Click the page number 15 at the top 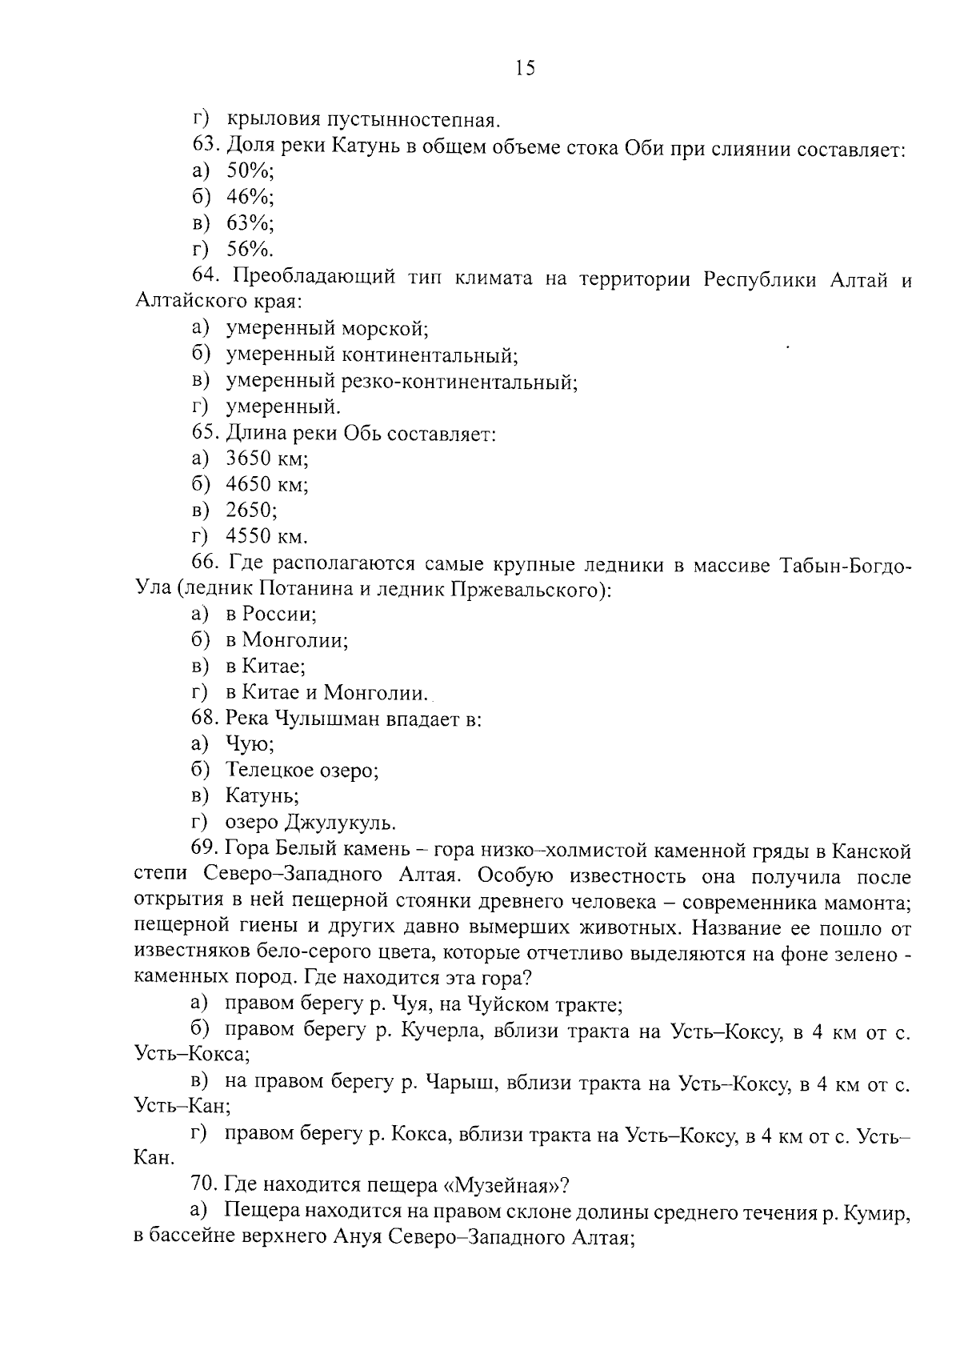pyautogui.click(x=525, y=68)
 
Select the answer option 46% pyautogui.click(x=250, y=197)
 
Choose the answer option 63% pyautogui.click(x=250, y=222)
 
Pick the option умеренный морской pyautogui.click(x=327, y=328)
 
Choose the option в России pyautogui.click(x=271, y=615)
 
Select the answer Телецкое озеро pyautogui.click(x=302, y=770)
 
